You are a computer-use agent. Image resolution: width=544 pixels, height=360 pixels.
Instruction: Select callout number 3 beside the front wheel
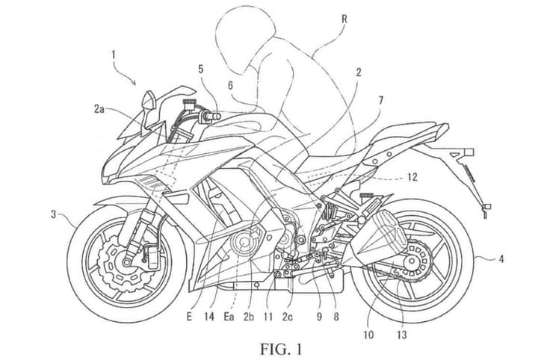pyautogui.click(x=53, y=215)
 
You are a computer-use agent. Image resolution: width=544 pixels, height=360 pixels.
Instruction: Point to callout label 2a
pyautogui.click(x=99, y=108)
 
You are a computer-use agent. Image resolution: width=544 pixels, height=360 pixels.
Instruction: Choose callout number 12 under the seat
pyautogui.click(x=413, y=178)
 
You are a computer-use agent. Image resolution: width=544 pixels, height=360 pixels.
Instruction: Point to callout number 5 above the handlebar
pyautogui.click(x=201, y=69)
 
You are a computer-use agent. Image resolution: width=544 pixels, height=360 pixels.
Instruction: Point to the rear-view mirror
pyautogui.click(x=148, y=99)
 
